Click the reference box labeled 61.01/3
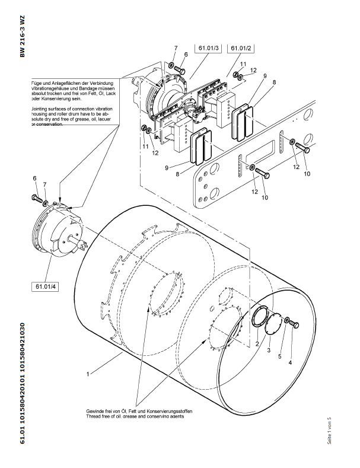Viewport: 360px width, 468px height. click(x=207, y=47)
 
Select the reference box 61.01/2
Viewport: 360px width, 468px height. click(x=241, y=47)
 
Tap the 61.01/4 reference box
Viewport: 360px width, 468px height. click(x=46, y=287)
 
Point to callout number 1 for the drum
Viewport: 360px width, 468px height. click(x=87, y=374)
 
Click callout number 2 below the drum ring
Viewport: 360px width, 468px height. click(x=257, y=343)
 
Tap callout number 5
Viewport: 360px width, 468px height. click(x=280, y=356)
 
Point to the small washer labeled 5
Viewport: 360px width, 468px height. click(x=287, y=321)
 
